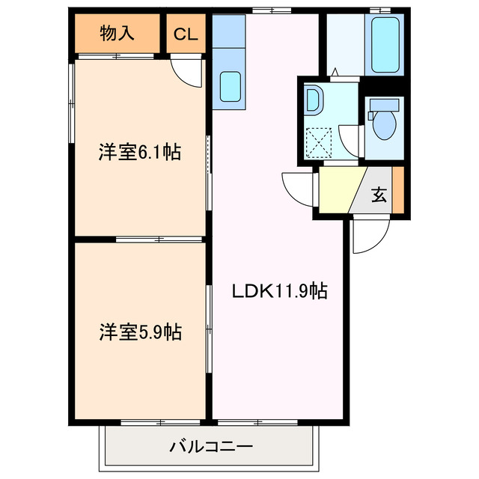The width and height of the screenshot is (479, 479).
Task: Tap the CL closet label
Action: coord(186,34)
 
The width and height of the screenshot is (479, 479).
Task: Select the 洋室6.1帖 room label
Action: coord(139,153)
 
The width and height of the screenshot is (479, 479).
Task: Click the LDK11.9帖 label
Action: coord(279,290)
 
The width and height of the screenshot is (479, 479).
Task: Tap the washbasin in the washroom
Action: coord(313,100)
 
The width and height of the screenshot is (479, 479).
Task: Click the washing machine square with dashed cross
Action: coord(320,139)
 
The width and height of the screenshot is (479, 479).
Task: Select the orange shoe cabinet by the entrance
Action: coord(397,191)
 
